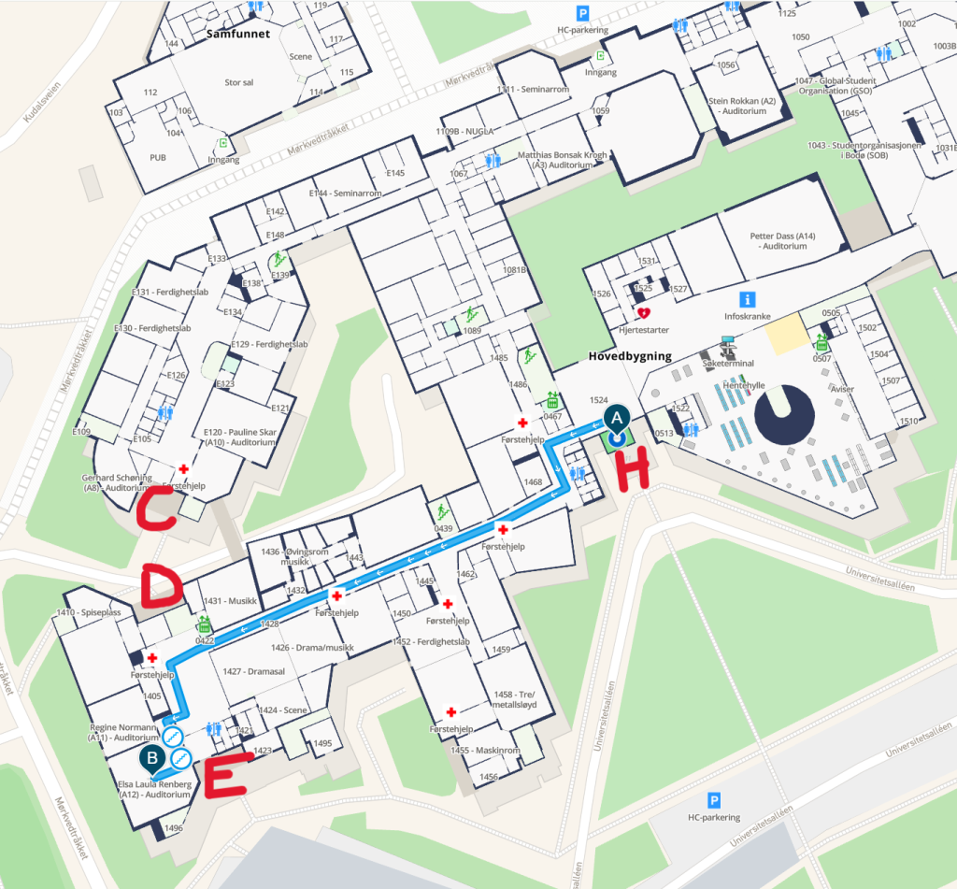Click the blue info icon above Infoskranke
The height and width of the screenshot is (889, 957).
tap(747, 299)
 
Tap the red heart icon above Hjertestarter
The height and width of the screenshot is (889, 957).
tap(643, 314)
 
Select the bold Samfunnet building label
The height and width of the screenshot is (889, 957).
tap(237, 34)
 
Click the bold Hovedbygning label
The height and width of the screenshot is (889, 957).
tap(630, 356)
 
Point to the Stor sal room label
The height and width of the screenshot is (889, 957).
tap(239, 82)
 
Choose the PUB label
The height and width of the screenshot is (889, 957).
tap(158, 158)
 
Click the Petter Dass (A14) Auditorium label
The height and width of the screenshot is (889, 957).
tap(782, 241)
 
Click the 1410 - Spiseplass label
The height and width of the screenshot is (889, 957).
tap(92, 612)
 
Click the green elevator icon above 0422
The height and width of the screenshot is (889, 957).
tap(204, 624)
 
